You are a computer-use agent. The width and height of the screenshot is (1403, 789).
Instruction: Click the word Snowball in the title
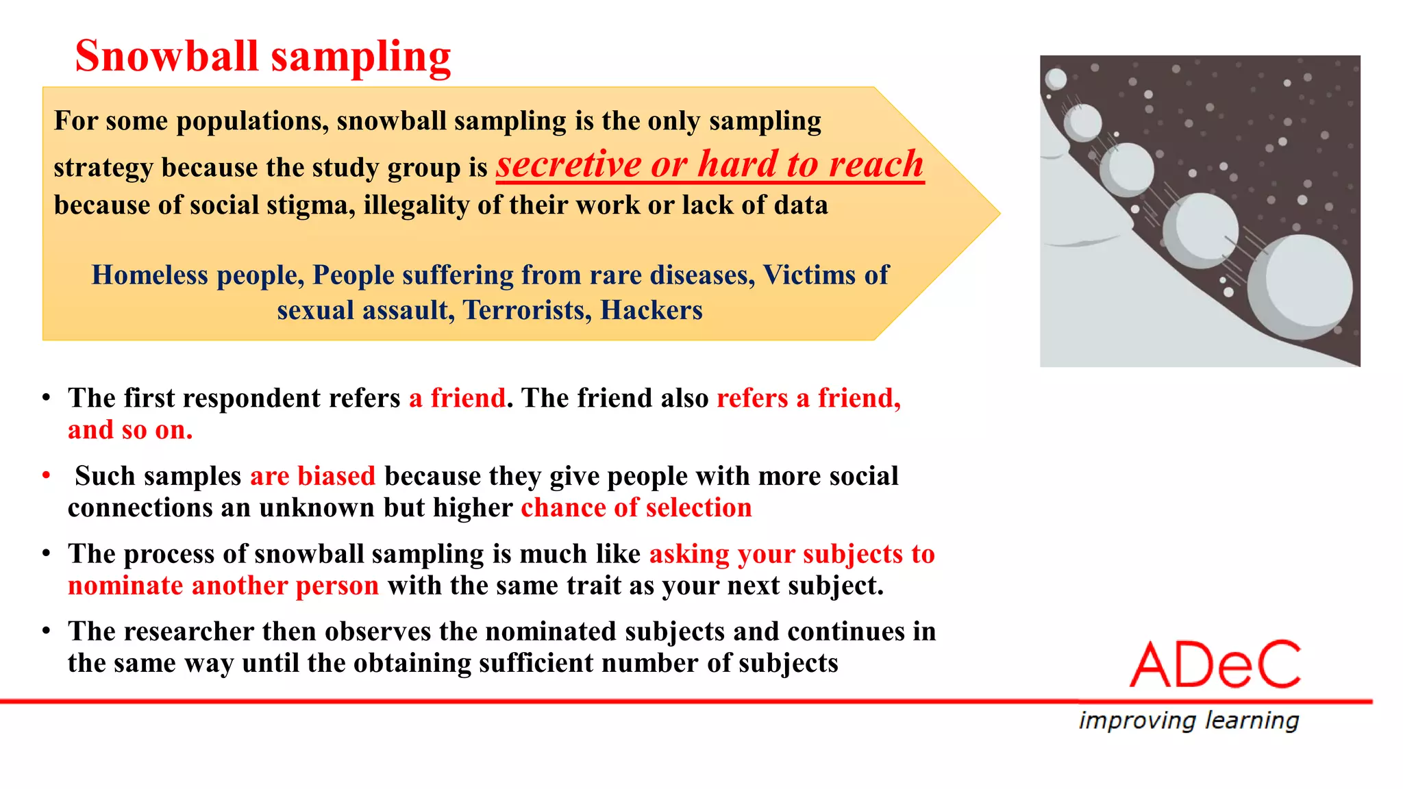coord(166,56)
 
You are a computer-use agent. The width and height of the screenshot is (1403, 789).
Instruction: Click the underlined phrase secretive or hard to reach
coord(710,165)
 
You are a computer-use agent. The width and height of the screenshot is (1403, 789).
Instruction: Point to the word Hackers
coord(651,310)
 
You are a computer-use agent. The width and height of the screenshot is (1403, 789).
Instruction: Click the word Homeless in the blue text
coord(150,275)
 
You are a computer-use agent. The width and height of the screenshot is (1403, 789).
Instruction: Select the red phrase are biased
coord(312,476)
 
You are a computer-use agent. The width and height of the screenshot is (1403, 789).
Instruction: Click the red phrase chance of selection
coord(636,508)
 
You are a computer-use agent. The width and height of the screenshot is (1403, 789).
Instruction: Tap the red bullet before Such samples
coord(46,475)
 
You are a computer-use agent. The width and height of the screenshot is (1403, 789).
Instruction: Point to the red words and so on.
coord(130,430)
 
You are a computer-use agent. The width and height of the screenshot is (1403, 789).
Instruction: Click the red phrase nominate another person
coord(223,586)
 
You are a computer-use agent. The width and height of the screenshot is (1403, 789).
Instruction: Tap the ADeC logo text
coord(1215,665)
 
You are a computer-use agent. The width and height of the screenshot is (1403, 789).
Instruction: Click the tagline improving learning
coord(1189,721)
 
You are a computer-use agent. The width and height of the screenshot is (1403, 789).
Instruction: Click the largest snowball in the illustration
coord(1300,288)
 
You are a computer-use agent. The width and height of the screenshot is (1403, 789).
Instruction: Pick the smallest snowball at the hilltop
coord(1056,79)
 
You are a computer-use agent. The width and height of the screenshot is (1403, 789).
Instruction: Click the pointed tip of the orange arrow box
coord(999,214)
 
